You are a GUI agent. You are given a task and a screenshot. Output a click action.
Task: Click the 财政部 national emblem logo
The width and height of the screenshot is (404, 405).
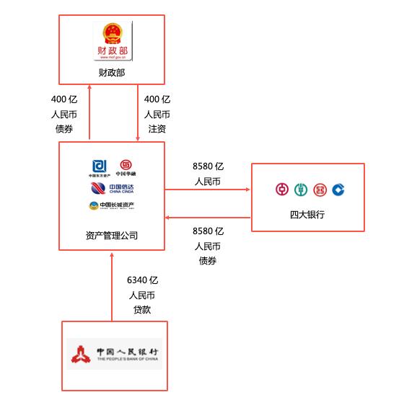tap(112, 42)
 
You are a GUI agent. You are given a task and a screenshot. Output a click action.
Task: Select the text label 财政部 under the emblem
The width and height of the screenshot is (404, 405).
tap(112, 73)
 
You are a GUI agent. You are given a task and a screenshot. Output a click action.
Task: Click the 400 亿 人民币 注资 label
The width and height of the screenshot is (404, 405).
tap(157, 114)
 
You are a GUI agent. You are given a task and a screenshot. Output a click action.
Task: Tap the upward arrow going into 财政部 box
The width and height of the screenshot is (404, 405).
tap(89, 112)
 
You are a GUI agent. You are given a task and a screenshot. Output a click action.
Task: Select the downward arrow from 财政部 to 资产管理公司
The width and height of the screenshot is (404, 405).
tap(137, 112)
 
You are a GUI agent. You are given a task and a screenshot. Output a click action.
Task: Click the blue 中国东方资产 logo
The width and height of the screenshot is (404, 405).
tap(99, 167)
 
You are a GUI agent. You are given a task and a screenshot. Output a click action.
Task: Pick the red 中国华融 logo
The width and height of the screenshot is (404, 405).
tap(126, 167)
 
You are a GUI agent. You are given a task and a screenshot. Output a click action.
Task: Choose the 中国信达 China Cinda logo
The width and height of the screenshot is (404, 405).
tap(112, 188)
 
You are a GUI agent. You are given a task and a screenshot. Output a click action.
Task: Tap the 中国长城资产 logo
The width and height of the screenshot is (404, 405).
tap(112, 206)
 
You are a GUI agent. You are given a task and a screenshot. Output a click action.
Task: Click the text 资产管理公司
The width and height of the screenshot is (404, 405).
tap(112, 235)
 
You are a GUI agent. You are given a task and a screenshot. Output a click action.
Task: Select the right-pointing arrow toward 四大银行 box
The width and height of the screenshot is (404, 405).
tap(208, 190)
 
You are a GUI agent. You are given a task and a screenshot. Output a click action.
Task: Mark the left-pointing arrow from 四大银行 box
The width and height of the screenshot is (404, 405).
tap(208, 216)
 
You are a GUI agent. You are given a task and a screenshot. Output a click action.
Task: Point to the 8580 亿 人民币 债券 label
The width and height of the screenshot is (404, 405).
tap(208, 246)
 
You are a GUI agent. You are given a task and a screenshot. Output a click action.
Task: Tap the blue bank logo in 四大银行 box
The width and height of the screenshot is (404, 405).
tap(338, 190)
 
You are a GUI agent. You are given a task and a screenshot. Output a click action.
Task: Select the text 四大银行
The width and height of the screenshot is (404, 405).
tap(307, 215)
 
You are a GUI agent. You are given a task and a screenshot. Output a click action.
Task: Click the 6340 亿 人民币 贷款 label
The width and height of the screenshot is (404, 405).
tap(142, 294)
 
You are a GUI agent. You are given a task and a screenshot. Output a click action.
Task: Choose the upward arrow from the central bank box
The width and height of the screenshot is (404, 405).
tap(112, 285)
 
